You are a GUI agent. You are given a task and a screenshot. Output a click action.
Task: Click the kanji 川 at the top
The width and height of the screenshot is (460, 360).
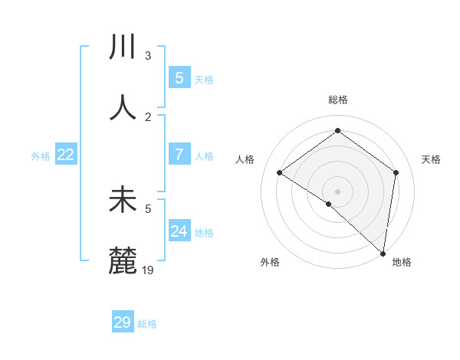[x=123, y=47]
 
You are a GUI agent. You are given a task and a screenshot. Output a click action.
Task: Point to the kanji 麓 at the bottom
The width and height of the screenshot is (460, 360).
[x=123, y=261]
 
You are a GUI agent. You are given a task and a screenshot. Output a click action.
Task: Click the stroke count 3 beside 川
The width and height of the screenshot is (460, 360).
[x=148, y=55]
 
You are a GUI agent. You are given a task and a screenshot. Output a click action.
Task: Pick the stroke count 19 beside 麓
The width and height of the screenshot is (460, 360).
[x=149, y=270]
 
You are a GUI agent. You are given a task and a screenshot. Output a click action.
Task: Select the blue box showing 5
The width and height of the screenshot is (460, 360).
[x=179, y=77]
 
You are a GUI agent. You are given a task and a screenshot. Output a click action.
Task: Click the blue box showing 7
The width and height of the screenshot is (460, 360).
[x=179, y=155]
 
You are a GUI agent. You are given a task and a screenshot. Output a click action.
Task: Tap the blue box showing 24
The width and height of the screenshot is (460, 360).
[x=179, y=231]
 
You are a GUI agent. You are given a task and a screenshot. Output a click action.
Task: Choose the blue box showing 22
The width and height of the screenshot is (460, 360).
[x=66, y=155]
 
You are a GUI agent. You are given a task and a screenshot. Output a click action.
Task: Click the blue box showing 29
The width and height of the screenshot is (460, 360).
[x=123, y=322]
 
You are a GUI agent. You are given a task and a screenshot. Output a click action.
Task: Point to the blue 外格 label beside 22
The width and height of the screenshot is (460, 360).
[x=41, y=156]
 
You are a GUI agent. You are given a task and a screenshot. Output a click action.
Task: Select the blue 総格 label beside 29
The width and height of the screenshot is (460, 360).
[x=147, y=324]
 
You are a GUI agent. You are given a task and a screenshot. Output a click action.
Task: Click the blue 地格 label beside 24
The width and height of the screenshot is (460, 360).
[x=204, y=233]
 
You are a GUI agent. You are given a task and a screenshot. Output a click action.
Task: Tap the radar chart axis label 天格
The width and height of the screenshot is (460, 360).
[x=431, y=159]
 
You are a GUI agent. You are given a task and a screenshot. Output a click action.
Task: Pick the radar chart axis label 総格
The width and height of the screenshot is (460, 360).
[x=337, y=100]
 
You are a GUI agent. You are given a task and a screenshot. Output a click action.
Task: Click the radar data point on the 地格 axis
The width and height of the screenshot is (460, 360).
[x=383, y=254]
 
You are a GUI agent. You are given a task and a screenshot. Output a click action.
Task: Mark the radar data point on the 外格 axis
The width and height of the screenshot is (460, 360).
[x=329, y=204]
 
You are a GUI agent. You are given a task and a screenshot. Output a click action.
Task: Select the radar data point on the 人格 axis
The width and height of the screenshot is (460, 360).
[x=280, y=172]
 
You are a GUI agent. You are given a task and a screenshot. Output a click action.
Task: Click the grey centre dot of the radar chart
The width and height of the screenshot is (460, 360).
[x=337, y=191]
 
